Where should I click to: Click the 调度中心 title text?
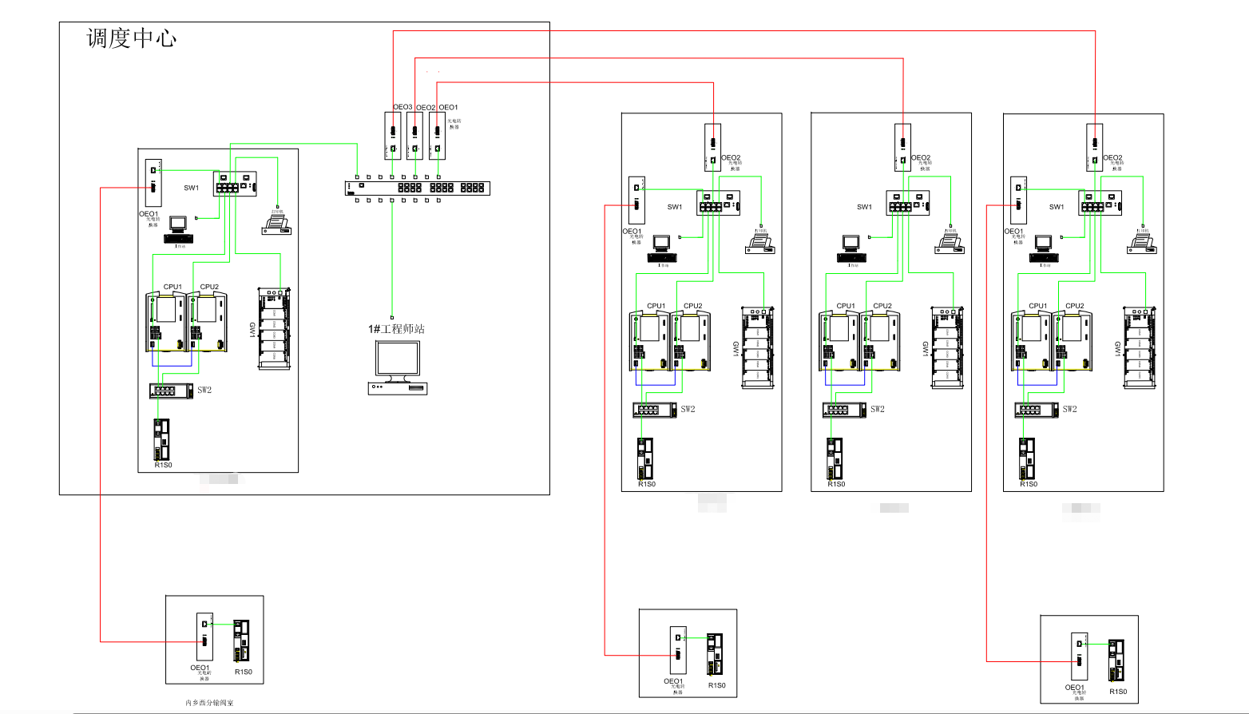click(x=131, y=38)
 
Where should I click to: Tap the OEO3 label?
click(x=402, y=107)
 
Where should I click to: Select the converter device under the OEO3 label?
click(x=393, y=136)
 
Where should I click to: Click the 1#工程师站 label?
click(x=396, y=329)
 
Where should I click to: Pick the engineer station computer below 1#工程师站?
click(x=398, y=367)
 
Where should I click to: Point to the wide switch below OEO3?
click(x=417, y=188)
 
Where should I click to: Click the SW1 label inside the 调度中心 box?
click(x=191, y=188)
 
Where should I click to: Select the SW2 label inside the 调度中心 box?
click(x=204, y=391)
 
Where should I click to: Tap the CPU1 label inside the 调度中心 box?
click(x=172, y=287)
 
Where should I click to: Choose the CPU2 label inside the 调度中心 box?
click(x=209, y=287)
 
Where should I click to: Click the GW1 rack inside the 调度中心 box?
click(x=274, y=328)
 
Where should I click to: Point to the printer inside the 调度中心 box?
click(x=276, y=224)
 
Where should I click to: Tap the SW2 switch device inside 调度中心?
click(x=171, y=391)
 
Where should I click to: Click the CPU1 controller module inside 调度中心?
click(x=165, y=322)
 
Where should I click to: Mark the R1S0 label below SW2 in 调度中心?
click(x=163, y=465)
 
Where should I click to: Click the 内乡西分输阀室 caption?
click(x=209, y=703)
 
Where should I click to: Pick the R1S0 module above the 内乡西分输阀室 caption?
click(x=241, y=641)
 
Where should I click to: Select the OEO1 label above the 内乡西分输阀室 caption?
click(x=200, y=668)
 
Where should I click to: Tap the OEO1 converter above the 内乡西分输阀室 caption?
click(x=205, y=636)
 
